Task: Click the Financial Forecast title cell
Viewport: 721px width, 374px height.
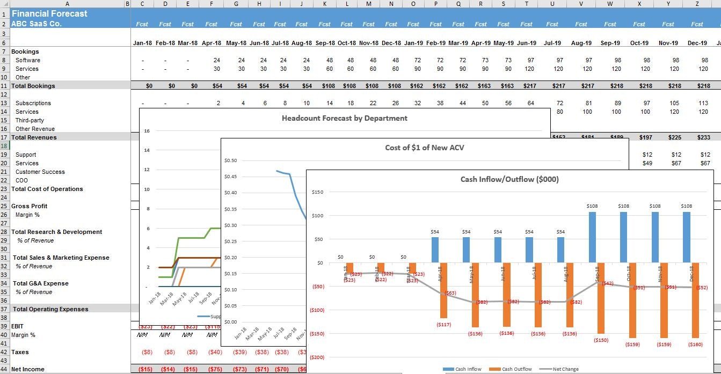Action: pyautogui.click(x=49, y=13)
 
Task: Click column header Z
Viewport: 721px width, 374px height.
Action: pyautogui.click(x=697, y=4)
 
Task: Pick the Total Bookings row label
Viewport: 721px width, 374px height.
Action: pyautogui.click(x=33, y=86)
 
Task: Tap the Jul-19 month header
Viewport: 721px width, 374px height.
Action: pyautogui.click(x=552, y=43)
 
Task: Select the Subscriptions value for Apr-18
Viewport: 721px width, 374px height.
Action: pyautogui.click(x=218, y=103)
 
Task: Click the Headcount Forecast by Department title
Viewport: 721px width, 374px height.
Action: pyautogui.click(x=344, y=118)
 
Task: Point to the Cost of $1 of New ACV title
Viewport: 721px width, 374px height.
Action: pyautogui.click(x=424, y=148)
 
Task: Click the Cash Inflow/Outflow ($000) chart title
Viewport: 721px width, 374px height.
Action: pyautogui.click(x=509, y=179)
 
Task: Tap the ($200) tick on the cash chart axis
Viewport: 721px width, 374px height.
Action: pyautogui.click(x=317, y=357)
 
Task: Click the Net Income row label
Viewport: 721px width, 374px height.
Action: pyautogui.click(x=28, y=369)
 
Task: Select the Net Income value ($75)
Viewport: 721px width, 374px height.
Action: pyautogui.click(x=215, y=369)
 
